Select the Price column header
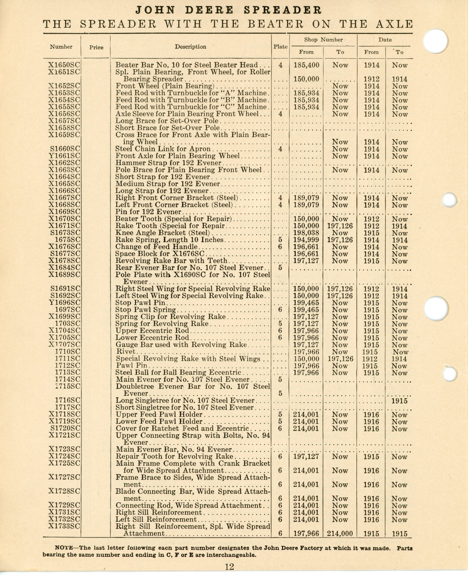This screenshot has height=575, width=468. (x=96, y=48)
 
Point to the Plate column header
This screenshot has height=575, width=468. (x=280, y=47)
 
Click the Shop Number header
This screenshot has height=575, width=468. (x=323, y=40)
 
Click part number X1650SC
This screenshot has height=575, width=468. (x=64, y=65)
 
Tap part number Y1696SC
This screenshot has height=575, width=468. (x=65, y=303)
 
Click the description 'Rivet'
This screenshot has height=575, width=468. (x=126, y=352)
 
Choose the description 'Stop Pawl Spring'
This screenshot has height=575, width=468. (x=146, y=310)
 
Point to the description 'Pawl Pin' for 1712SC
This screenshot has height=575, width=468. (x=132, y=366)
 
